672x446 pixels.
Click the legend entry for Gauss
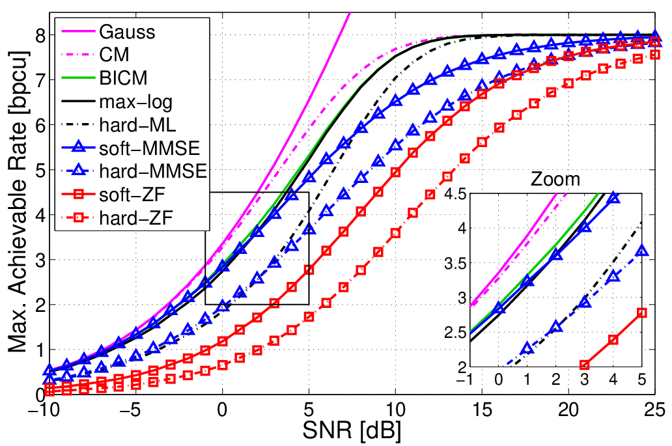point(127,32)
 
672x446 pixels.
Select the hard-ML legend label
point(137,124)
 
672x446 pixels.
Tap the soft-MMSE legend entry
point(150,148)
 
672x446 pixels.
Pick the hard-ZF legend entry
point(136,218)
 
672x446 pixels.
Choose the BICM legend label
point(124,78)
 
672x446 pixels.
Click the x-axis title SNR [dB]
point(352,430)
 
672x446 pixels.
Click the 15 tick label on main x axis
point(482,410)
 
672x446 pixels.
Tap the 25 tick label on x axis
point(655,410)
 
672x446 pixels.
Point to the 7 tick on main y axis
point(41,80)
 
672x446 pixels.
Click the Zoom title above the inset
point(555,179)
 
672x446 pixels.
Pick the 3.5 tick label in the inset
point(455,263)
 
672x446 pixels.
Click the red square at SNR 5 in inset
point(641,313)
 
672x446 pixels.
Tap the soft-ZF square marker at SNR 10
point(395,173)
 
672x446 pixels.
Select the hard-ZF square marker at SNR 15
point(482,142)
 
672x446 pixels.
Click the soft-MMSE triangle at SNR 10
point(395,101)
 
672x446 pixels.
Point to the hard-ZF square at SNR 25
point(655,55)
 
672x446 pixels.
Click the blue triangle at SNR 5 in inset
point(641,251)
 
